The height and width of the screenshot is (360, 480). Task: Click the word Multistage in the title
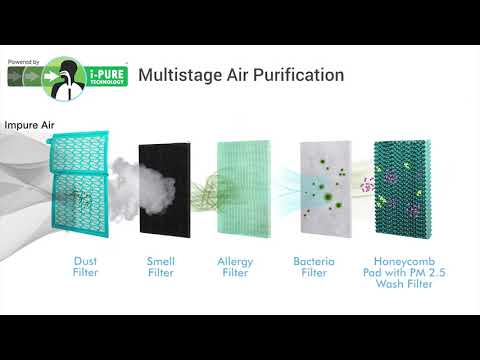click(180, 75)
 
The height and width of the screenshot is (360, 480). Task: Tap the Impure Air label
click(29, 125)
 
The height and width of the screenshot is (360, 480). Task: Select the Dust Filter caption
click(86, 267)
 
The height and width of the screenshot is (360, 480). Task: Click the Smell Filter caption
click(161, 267)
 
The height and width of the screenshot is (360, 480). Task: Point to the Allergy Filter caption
click(235, 267)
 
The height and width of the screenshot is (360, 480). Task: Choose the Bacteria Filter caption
click(314, 267)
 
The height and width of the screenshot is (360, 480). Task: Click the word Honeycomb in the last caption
click(404, 261)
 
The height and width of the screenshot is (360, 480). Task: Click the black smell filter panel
click(165, 190)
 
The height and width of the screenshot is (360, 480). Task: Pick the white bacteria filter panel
click(326, 189)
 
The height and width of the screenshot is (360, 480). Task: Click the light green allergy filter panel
click(244, 189)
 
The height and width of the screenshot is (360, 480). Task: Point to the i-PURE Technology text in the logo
click(107, 77)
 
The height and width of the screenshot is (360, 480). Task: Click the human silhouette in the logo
click(68, 80)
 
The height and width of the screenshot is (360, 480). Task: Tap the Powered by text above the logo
click(24, 62)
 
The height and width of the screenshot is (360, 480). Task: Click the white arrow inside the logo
click(51, 76)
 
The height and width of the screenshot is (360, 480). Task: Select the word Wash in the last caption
click(389, 284)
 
